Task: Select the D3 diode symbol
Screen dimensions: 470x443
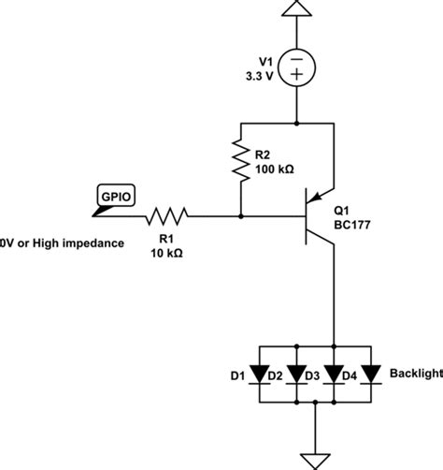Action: point(334,375)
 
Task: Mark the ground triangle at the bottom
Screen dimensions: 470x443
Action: point(316,458)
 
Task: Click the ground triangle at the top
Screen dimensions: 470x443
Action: point(296,10)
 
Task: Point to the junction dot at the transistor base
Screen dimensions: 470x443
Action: point(242,216)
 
